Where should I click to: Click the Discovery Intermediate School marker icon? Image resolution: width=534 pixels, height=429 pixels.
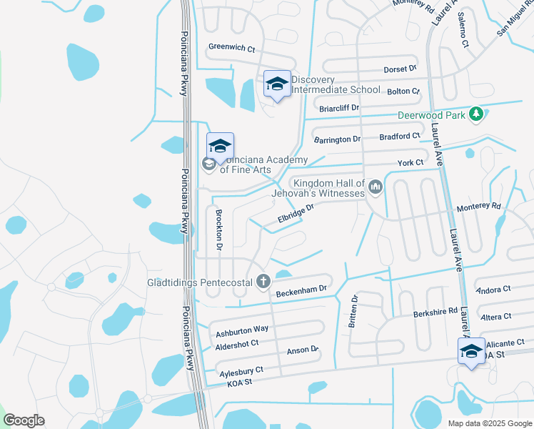(x=277, y=85)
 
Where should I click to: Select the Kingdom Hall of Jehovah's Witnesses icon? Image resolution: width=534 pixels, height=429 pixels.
(x=376, y=187)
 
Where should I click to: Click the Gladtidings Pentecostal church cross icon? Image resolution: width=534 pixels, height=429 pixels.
(x=263, y=281)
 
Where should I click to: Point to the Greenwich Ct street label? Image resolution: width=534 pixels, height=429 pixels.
(x=231, y=47)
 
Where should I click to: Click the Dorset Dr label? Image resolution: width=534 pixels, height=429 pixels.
(x=400, y=69)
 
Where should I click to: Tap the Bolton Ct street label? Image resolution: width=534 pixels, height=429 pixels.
(x=403, y=92)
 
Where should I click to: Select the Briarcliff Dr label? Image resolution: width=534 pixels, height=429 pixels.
(x=338, y=107)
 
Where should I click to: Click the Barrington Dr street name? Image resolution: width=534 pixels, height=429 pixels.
(x=337, y=139)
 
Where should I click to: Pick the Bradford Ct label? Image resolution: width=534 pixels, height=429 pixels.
(x=400, y=136)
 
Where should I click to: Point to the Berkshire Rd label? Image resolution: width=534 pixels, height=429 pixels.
(x=435, y=312)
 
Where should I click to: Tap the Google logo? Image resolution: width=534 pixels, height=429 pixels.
(x=24, y=420)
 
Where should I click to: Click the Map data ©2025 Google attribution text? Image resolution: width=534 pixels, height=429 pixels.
(x=489, y=423)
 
